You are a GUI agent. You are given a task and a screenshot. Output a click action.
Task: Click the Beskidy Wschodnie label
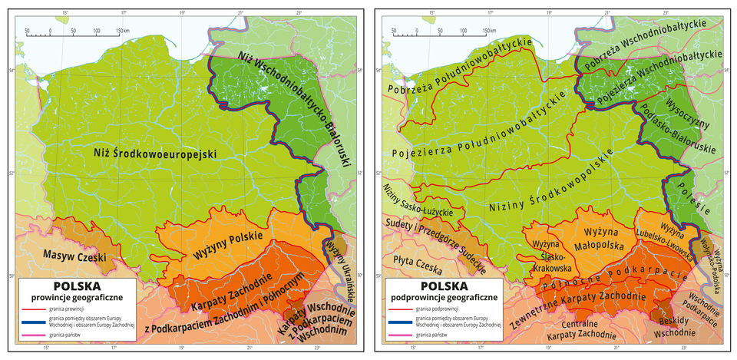point(673,326)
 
